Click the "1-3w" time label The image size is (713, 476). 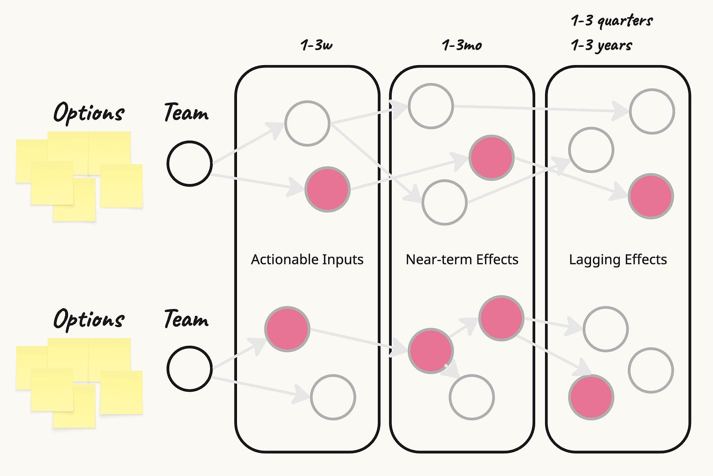317,46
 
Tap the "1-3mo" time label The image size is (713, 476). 462,46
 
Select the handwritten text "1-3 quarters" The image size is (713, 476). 612,21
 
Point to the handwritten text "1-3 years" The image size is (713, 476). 601,46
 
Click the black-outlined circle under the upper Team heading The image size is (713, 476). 190,164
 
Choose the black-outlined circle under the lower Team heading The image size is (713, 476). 190,369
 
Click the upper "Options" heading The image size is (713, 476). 89,113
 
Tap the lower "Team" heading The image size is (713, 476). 186,319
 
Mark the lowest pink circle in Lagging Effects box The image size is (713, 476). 591,397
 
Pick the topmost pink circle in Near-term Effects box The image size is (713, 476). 491,158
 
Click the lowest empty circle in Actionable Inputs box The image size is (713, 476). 333,397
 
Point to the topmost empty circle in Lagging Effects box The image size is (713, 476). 652,112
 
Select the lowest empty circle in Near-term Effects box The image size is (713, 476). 472,397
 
